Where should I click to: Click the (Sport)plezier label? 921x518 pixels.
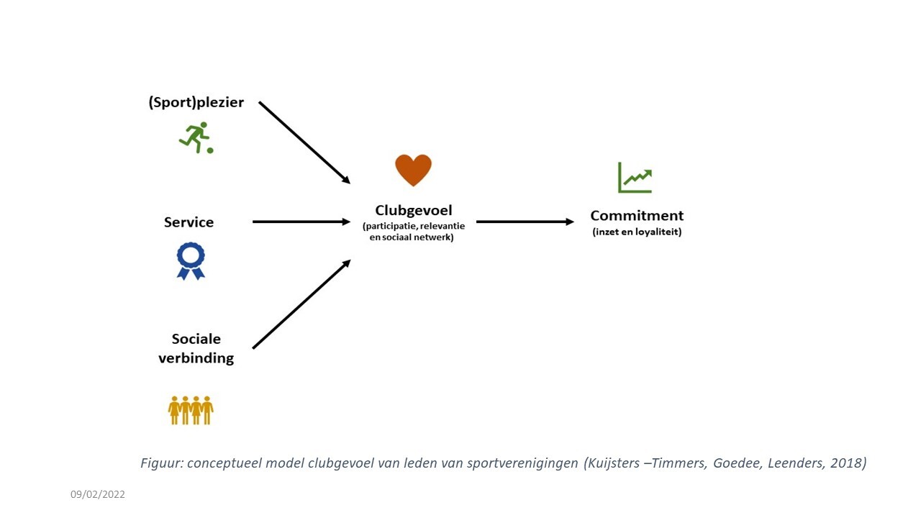[x=196, y=102]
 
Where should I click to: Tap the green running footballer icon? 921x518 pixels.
[x=194, y=137]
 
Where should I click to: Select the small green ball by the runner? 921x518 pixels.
[x=210, y=150]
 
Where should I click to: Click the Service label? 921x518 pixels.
[x=189, y=222]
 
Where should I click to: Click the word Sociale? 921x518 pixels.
[x=196, y=339]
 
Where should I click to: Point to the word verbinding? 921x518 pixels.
[x=196, y=358]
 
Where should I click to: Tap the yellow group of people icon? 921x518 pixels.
[x=191, y=410]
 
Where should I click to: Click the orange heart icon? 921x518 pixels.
[x=413, y=170]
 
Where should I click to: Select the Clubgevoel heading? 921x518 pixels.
[x=414, y=210]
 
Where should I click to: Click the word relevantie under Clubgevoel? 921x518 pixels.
[x=443, y=226]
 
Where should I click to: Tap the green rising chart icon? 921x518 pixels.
[x=635, y=178]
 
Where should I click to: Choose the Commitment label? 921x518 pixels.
[x=637, y=215]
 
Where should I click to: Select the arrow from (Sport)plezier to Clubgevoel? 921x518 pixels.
[x=304, y=142]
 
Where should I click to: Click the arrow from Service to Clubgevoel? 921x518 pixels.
[x=301, y=222]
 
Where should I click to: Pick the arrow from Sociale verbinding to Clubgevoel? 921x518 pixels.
[x=301, y=304]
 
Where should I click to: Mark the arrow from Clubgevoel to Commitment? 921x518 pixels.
[x=525, y=222]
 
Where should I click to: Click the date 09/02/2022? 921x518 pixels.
[x=97, y=494]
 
